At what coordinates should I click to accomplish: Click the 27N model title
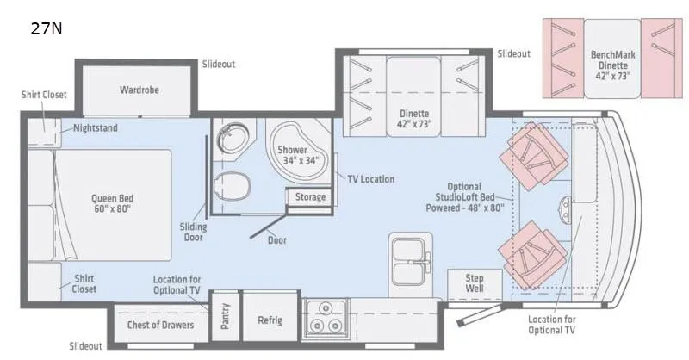point(47,28)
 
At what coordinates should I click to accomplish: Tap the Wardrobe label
point(140,90)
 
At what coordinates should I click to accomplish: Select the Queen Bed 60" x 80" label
point(113,203)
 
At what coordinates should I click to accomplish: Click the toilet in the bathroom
point(231,184)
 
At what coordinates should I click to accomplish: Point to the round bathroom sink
point(232,138)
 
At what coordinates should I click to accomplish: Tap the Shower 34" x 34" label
point(300,155)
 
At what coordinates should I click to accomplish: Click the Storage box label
point(310,197)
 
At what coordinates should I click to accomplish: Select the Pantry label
point(225,316)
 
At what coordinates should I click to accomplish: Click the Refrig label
point(270,320)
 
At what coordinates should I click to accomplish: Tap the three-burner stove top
point(326,319)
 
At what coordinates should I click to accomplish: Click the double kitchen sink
point(410,262)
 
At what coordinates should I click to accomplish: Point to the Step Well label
point(475,283)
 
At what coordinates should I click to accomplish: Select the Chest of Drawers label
point(160,325)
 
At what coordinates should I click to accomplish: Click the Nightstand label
point(96,128)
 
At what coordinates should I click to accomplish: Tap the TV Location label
point(370,179)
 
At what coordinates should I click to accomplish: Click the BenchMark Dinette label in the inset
point(613,65)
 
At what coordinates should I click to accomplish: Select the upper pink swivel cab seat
point(532,155)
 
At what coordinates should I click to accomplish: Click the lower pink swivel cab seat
point(531,255)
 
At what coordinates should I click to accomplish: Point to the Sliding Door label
point(193,232)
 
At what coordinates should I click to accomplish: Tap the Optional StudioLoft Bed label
point(465,197)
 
